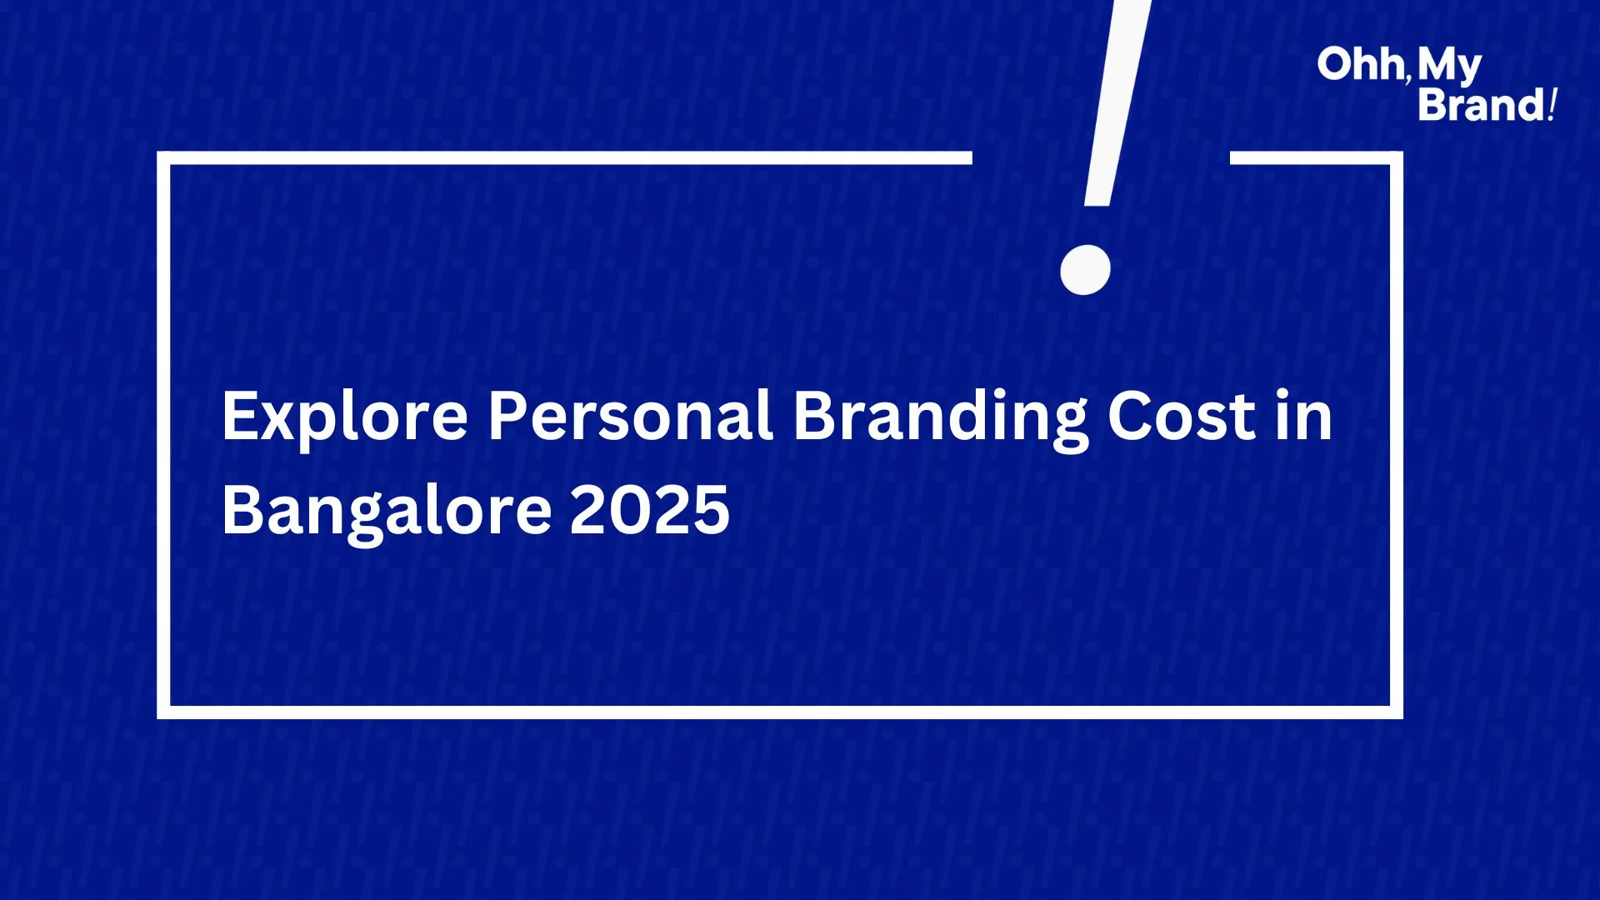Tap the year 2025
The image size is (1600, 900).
point(650,509)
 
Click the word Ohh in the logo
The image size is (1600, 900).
point(1361,64)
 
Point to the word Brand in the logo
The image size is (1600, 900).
point(1482,104)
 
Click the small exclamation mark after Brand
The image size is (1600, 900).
point(1552,104)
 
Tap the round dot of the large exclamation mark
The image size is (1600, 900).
point(1085,269)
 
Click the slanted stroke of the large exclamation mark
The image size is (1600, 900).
point(1117,102)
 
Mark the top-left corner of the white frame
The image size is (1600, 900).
point(163,157)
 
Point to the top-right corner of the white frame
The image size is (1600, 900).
point(1397,157)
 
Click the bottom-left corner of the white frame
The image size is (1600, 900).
point(163,712)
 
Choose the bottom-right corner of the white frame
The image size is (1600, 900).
point(1397,712)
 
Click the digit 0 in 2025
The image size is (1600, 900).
point(631,509)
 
